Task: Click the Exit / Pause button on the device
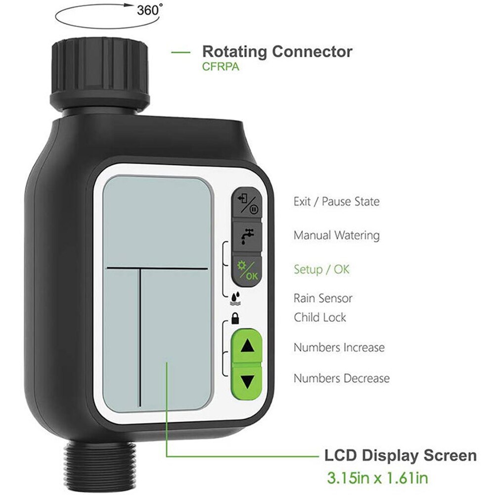click(x=246, y=202)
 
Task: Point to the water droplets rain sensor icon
click(x=235, y=298)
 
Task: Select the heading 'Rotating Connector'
click(x=277, y=51)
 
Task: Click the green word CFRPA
click(x=220, y=66)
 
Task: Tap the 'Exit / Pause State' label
click(x=336, y=202)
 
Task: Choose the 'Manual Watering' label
click(x=336, y=235)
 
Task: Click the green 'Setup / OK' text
click(x=321, y=270)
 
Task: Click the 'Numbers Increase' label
click(x=339, y=348)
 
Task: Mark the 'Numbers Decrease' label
click(x=341, y=378)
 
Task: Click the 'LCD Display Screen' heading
click(x=400, y=455)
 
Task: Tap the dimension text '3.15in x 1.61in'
click(x=377, y=478)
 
